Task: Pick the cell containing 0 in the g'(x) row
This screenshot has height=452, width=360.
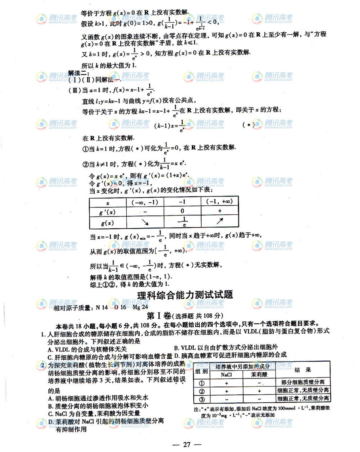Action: pos(182,211)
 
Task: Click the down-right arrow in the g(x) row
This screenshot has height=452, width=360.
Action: pos(145,223)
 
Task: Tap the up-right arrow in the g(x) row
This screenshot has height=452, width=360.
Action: pos(220,222)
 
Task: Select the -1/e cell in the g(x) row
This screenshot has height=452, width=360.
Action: pos(182,223)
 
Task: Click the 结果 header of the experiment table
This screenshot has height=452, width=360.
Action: pos(303,370)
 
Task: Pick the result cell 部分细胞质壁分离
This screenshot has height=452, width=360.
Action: pos(303,382)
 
